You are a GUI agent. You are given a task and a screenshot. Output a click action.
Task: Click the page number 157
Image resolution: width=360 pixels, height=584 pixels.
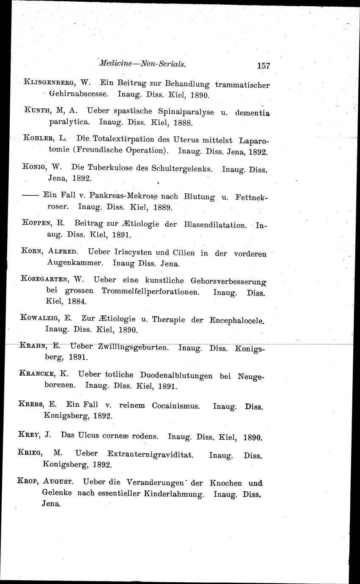[x=263, y=66]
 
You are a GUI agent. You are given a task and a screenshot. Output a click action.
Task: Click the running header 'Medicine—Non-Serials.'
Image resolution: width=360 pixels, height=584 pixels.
[x=142, y=64]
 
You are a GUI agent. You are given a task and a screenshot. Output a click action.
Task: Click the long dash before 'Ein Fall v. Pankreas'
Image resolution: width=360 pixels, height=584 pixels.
[x=31, y=196]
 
